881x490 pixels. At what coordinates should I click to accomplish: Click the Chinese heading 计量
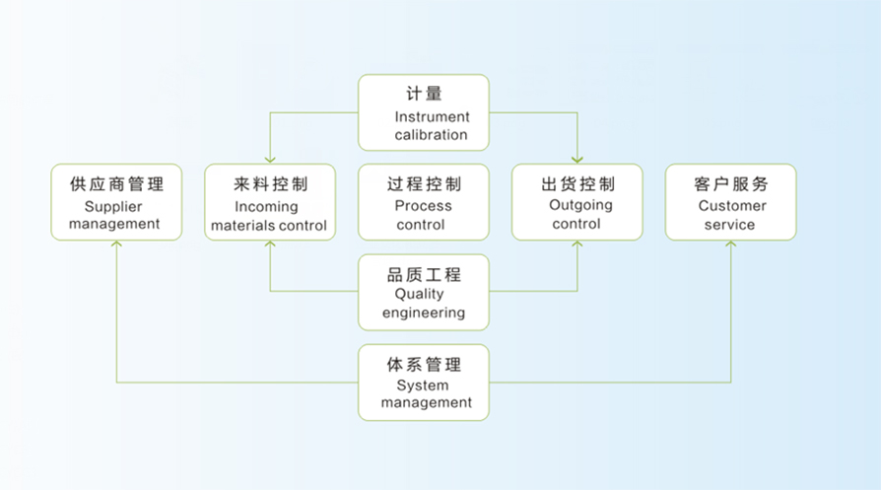(x=424, y=94)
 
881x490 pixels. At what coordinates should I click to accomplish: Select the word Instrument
(x=432, y=117)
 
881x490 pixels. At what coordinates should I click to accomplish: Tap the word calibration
(x=431, y=135)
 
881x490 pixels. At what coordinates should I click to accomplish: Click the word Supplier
(x=113, y=207)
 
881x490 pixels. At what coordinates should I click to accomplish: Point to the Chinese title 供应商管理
(x=116, y=183)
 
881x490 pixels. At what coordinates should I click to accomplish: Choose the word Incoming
(x=266, y=207)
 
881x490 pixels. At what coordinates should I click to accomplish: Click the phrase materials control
(x=269, y=226)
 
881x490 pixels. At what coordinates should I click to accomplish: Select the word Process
(x=423, y=206)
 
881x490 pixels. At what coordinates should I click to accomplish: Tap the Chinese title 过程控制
(x=424, y=183)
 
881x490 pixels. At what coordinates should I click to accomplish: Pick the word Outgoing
(x=580, y=206)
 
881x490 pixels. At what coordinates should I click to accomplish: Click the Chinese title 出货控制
(x=577, y=183)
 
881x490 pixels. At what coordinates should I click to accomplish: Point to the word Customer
(x=732, y=206)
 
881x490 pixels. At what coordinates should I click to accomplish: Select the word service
(x=729, y=225)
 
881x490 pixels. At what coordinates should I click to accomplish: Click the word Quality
(x=419, y=294)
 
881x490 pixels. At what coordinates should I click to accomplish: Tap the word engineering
(x=424, y=313)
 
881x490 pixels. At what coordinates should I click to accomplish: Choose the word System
(x=423, y=385)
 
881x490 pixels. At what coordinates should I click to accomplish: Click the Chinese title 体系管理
(x=424, y=364)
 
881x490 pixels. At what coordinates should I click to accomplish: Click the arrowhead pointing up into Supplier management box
(x=116, y=244)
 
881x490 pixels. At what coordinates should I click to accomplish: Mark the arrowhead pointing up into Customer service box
(x=731, y=244)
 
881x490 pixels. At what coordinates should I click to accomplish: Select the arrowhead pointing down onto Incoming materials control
(x=270, y=160)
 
